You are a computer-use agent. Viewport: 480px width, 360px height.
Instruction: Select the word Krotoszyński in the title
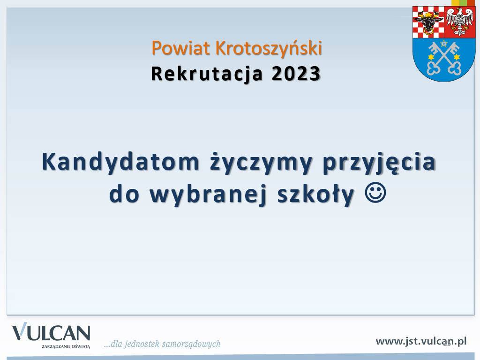pos(269,48)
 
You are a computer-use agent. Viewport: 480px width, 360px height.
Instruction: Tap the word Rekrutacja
pos(207,75)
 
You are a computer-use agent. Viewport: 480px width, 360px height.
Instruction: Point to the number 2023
pos(296,74)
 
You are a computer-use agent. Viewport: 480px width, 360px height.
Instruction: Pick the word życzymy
pos(261,163)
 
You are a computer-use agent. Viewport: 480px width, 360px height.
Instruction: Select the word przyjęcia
pos(379,163)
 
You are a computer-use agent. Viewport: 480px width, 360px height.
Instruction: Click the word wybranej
pos(208,195)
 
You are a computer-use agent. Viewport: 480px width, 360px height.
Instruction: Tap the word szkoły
pos(316,195)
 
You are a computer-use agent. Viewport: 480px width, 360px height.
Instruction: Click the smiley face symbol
pos(375,193)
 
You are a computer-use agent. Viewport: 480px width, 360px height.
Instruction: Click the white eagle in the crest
pos(460,22)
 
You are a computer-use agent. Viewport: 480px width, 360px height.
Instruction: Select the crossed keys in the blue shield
pos(444,58)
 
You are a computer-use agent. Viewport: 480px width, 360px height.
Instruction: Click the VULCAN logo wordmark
pos(51,332)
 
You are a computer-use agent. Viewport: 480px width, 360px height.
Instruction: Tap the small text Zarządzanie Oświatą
pos(66,346)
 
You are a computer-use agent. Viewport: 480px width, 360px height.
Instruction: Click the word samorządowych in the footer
pos(191,344)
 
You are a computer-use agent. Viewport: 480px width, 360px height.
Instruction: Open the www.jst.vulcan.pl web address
pos(421,341)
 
